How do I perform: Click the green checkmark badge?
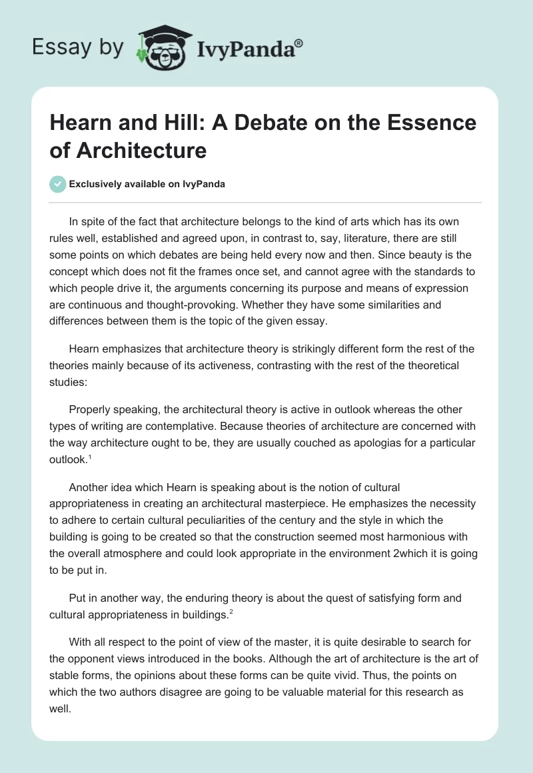coord(58,184)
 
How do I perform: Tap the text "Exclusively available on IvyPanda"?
coord(147,185)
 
